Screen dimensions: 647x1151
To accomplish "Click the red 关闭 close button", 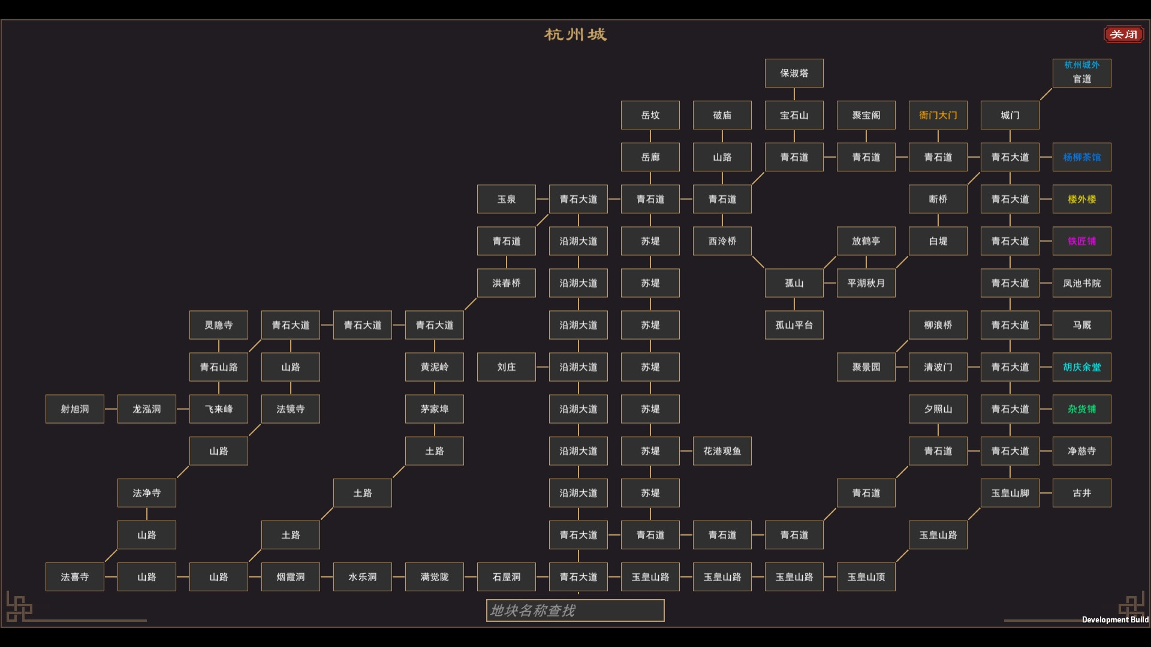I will (1123, 34).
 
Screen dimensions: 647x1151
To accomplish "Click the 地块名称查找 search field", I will (575, 610).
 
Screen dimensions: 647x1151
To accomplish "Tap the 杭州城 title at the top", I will (575, 35).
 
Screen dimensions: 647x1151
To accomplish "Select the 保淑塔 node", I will (794, 73).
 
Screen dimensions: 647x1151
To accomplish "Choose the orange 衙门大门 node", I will (938, 115).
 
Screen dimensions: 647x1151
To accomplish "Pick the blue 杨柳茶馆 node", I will (1081, 157).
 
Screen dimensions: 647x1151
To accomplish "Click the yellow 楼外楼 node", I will (1081, 199).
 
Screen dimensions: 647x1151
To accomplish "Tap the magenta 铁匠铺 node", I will (1081, 241).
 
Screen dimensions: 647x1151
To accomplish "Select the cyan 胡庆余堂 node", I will (1081, 367).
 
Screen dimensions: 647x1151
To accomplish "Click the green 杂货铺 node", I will (1081, 409).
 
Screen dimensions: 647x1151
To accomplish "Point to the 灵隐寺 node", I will (218, 325).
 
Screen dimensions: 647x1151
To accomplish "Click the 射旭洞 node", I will (74, 409).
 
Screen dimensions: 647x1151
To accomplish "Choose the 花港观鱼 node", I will (722, 451).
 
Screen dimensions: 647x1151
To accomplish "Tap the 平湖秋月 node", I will (866, 283).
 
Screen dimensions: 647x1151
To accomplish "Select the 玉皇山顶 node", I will (866, 576).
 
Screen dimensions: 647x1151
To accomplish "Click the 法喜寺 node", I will (74, 576).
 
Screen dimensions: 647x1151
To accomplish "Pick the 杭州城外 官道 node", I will (1081, 73).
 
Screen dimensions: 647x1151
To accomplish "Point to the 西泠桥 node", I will (722, 241).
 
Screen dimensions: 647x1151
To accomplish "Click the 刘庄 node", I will (506, 367).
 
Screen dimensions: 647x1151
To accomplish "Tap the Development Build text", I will (1115, 619).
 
